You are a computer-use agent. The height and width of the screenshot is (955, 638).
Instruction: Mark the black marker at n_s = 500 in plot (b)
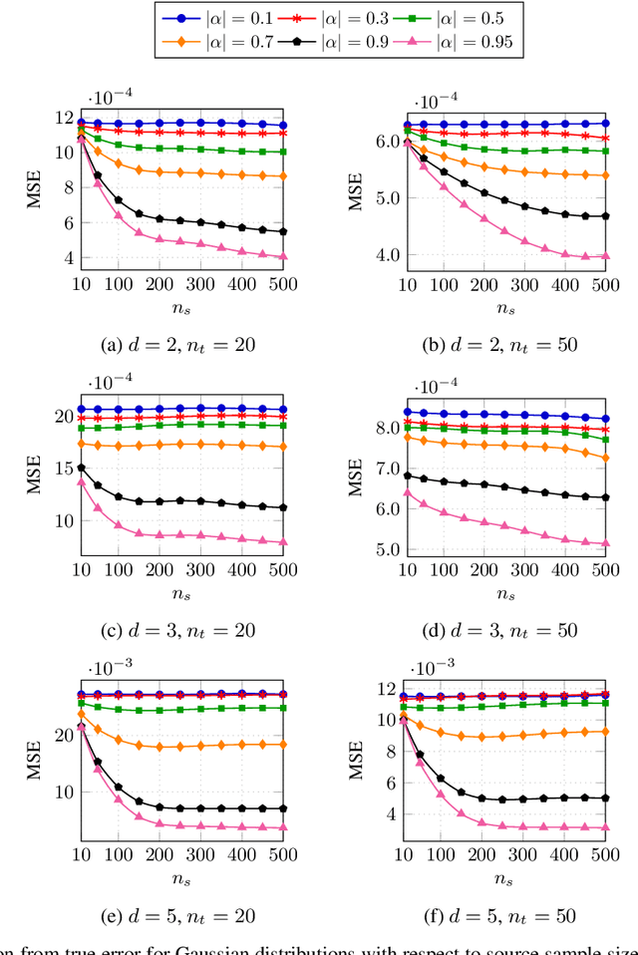coord(604,216)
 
